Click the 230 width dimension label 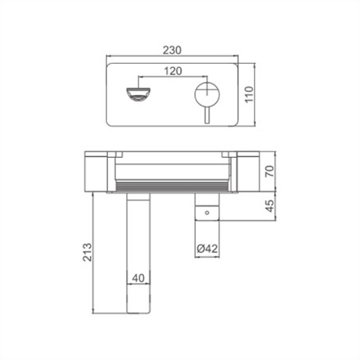point(172,50)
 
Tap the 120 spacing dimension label point(173,71)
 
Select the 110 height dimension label point(249,94)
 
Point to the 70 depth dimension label point(269,171)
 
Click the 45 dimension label point(269,206)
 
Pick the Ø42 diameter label point(207,248)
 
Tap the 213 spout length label point(88,252)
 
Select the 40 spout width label point(138,278)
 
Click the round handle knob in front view point(207,94)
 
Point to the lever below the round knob point(207,115)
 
